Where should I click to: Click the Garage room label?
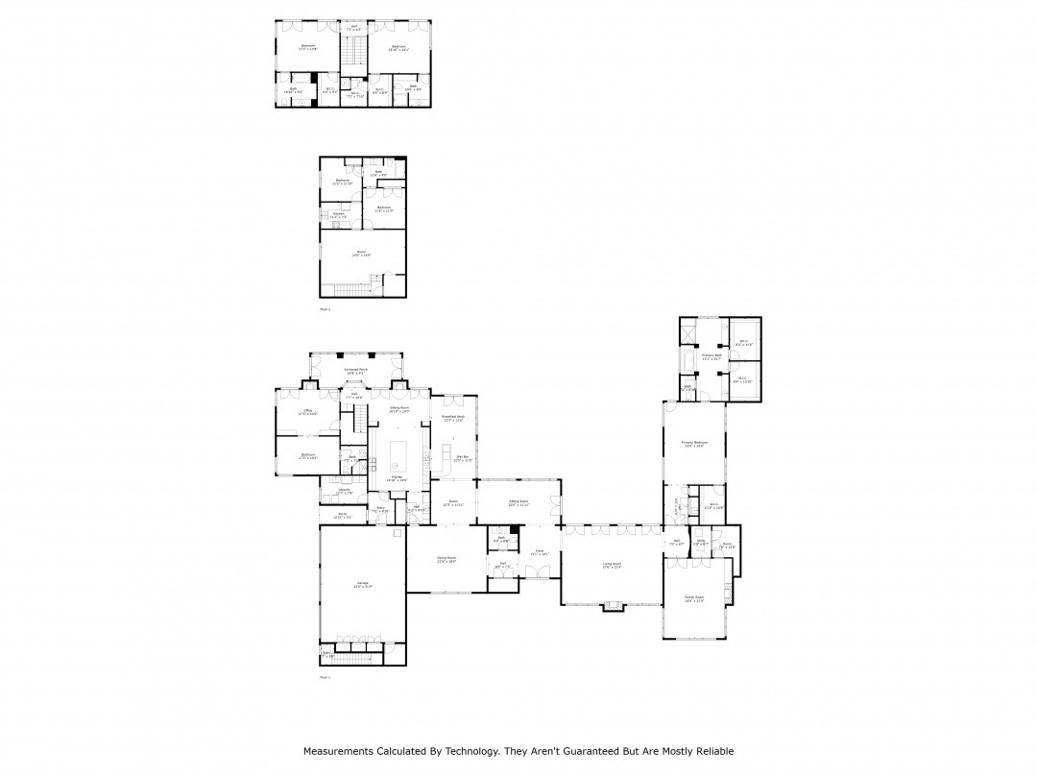click(x=362, y=585)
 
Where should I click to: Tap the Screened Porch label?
click(x=356, y=371)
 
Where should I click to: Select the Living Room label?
click(x=612, y=565)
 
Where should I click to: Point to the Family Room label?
click(x=694, y=599)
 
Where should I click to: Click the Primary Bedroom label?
click(x=693, y=444)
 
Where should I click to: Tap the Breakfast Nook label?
click(x=452, y=418)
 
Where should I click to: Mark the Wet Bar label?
click(x=461, y=458)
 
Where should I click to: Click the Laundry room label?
click(x=343, y=491)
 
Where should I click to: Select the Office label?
click(x=307, y=412)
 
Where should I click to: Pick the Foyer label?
click(x=541, y=552)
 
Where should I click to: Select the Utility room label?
click(x=701, y=544)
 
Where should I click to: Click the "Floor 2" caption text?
click(x=325, y=309)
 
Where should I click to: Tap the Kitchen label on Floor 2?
click(x=338, y=215)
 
